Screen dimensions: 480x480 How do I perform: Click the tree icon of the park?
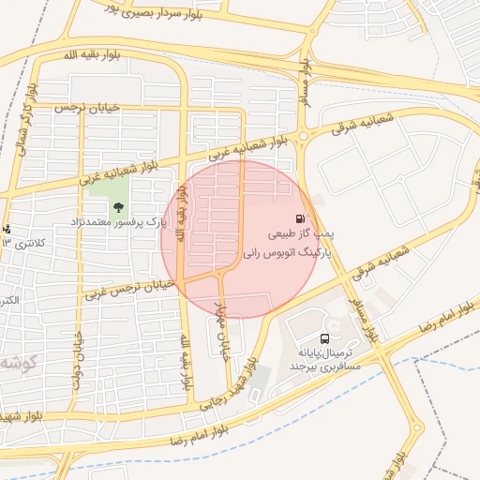point(117,207)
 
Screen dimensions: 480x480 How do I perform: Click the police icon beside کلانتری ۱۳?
point(6,229)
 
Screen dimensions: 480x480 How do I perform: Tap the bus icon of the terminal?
point(324,338)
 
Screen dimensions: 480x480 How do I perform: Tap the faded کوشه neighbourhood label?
point(17,362)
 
